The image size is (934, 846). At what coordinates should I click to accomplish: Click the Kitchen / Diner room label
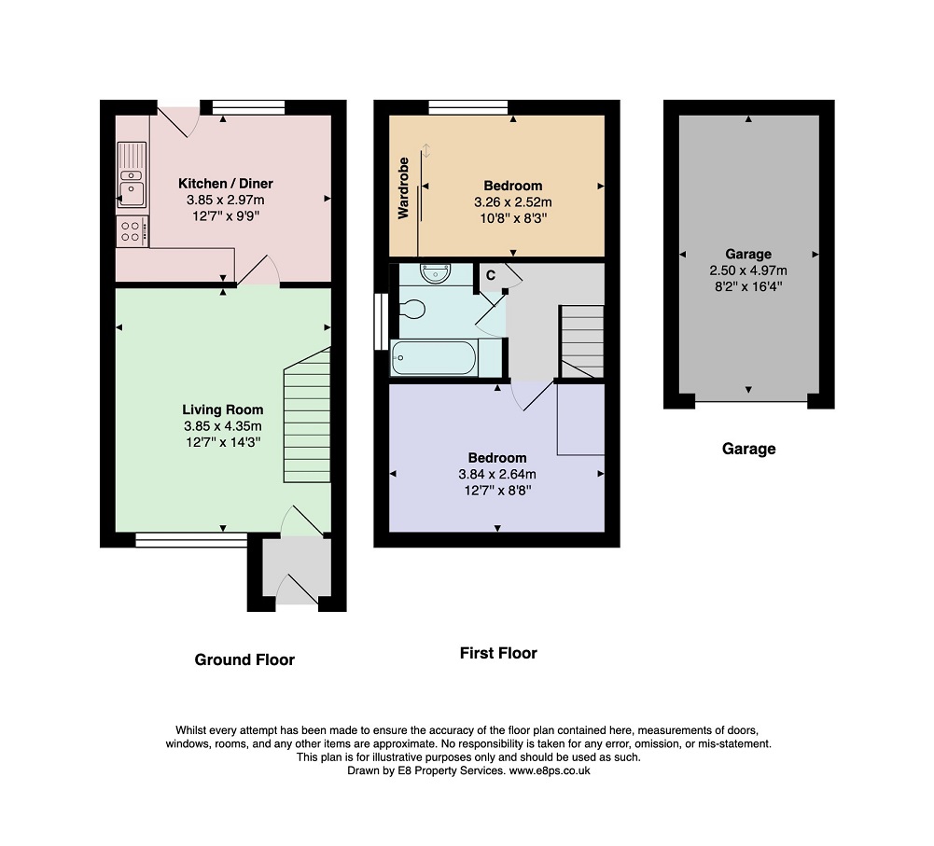tap(226, 184)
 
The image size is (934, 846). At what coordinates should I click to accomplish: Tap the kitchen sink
tap(132, 174)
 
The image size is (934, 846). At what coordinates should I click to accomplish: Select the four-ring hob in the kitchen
tap(132, 231)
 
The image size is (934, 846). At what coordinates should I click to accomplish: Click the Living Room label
tap(223, 409)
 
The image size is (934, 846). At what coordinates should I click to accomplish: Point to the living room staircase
tap(307, 415)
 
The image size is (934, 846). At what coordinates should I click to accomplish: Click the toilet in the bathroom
tap(412, 310)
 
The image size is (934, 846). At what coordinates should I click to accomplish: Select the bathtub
tap(434, 357)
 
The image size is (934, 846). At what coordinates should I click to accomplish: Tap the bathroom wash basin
tap(436, 274)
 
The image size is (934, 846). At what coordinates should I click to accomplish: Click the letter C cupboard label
tap(491, 275)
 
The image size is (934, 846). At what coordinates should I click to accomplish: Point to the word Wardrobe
tap(403, 188)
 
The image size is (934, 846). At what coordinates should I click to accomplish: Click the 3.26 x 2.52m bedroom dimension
tap(513, 202)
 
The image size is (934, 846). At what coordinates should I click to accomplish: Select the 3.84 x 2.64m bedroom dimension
tap(497, 475)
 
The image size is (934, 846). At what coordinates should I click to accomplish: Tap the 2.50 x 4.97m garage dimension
tap(748, 270)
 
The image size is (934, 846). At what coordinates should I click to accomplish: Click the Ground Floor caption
tap(244, 659)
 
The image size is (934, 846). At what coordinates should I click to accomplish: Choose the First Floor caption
tap(498, 653)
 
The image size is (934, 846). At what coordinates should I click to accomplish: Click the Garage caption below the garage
tap(748, 449)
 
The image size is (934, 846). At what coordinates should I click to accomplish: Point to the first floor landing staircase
tap(582, 341)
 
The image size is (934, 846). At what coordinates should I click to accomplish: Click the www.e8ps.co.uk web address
tap(550, 770)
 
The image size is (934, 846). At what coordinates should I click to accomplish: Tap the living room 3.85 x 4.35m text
tap(223, 426)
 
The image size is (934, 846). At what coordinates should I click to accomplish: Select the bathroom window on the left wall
tap(382, 322)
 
